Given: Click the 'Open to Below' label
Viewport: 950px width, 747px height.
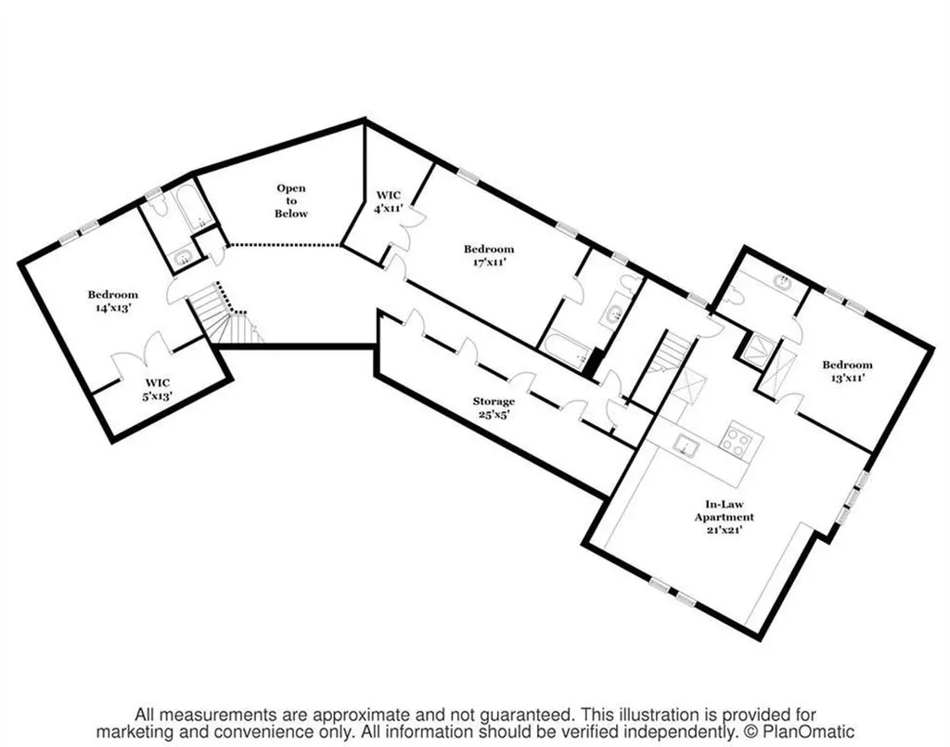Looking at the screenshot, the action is pyautogui.click(x=291, y=200).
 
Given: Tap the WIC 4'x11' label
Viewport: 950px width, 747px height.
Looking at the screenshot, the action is pyautogui.click(x=389, y=201).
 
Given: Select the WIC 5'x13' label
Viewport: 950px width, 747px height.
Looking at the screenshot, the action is pyautogui.click(x=158, y=389).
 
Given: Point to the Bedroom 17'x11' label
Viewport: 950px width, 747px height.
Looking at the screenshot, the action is pyautogui.click(x=489, y=255).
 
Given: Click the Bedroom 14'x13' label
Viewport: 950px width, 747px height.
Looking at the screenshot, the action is pyautogui.click(x=112, y=301).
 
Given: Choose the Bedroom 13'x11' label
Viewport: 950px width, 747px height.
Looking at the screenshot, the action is pyautogui.click(x=847, y=371).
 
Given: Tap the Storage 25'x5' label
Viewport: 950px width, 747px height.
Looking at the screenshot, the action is pyautogui.click(x=494, y=407).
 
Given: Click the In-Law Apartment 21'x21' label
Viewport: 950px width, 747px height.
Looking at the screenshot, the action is pyautogui.click(x=725, y=517).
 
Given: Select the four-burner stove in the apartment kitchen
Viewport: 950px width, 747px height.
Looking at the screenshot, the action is pyautogui.click(x=739, y=439).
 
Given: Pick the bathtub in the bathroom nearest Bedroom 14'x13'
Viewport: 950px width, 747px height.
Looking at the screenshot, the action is pyautogui.click(x=195, y=208).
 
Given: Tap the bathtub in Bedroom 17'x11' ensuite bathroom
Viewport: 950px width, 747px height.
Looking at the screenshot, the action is pyautogui.click(x=566, y=354).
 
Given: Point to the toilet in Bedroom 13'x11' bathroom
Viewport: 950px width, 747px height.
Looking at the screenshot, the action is pyautogui.click(x=735, y=297).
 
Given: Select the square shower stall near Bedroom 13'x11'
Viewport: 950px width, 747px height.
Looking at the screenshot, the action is pyautogui.click(x=759, y=351).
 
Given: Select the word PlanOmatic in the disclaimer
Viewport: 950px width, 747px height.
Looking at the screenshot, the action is pyautogui.click(x=808, y=732).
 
